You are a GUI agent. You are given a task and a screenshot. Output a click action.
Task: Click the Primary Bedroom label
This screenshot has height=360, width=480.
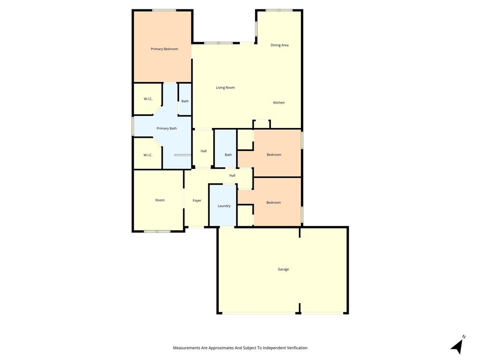coord(164,49)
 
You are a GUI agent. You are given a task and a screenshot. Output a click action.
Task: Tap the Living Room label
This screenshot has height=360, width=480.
coord(225,88)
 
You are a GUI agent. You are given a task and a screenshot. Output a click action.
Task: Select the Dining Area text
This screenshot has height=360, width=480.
coord(279,45)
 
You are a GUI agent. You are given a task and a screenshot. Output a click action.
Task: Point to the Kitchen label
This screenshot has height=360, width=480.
coord(279,103)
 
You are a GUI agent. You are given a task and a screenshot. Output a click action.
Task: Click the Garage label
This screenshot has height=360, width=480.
coord(283,269)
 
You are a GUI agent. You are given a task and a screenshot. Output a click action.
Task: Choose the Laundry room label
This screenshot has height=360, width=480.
coord(224,206)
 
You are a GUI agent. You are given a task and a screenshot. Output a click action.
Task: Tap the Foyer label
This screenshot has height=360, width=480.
coord(197,201)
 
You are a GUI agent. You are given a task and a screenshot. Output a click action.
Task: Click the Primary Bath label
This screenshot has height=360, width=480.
coord(166,128)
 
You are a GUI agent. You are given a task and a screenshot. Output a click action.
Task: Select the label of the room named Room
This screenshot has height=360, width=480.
coord(160,200)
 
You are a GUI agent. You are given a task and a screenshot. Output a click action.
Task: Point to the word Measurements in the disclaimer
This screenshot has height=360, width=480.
coord(187,348)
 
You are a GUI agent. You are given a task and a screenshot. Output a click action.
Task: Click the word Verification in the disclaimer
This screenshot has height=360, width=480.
coord(295,348)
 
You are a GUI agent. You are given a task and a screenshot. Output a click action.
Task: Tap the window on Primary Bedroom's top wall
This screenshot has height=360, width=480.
coord(164,10)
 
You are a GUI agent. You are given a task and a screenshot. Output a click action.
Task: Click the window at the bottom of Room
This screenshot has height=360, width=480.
coord(157,231)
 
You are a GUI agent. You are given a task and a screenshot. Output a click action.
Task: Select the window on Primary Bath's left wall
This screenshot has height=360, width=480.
coord(133,127)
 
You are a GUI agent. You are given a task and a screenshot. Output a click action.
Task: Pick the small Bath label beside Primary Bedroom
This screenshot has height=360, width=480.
coord(185,101)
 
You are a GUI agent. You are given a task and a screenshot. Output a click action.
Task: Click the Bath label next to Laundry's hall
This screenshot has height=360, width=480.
coord(228,155)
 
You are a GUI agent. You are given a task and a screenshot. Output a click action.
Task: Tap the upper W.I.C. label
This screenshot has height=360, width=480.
coord(148,99)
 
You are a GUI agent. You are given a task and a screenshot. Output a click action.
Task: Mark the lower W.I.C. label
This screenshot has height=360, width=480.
coord(148,155)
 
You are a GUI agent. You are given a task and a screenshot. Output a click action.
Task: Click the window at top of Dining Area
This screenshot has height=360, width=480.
coord(279,10)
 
